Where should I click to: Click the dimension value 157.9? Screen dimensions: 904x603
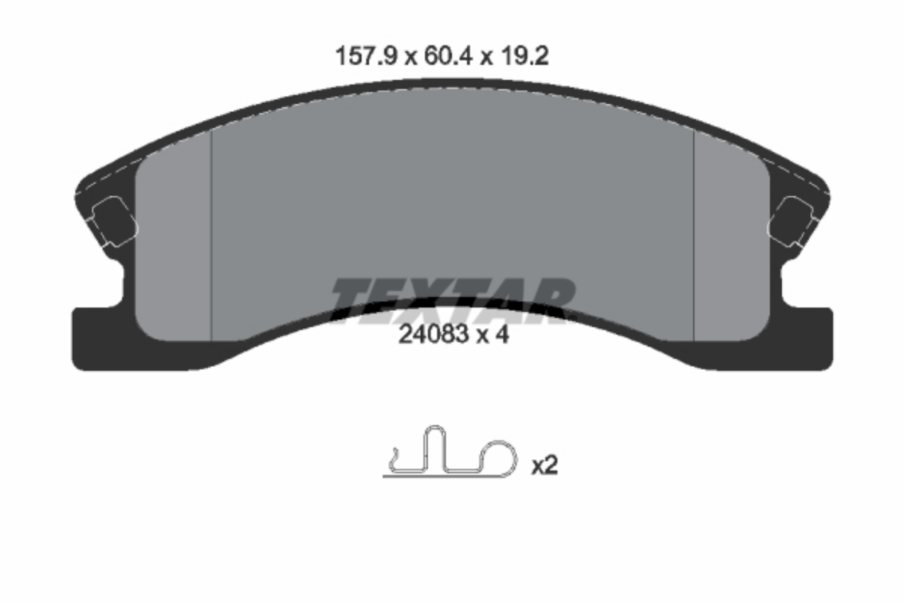(366, 56)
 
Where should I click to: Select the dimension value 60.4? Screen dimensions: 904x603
(447, 56)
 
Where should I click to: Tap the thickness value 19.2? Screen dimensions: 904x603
(524, 56)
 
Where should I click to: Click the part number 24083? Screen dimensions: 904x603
(433, 335)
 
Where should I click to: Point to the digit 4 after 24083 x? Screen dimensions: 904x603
(502, 335)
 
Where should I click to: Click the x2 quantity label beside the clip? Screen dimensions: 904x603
(545, 465)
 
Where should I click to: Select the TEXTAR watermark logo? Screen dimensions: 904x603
(453, 300)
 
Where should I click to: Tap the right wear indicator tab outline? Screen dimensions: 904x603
(792, 222)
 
